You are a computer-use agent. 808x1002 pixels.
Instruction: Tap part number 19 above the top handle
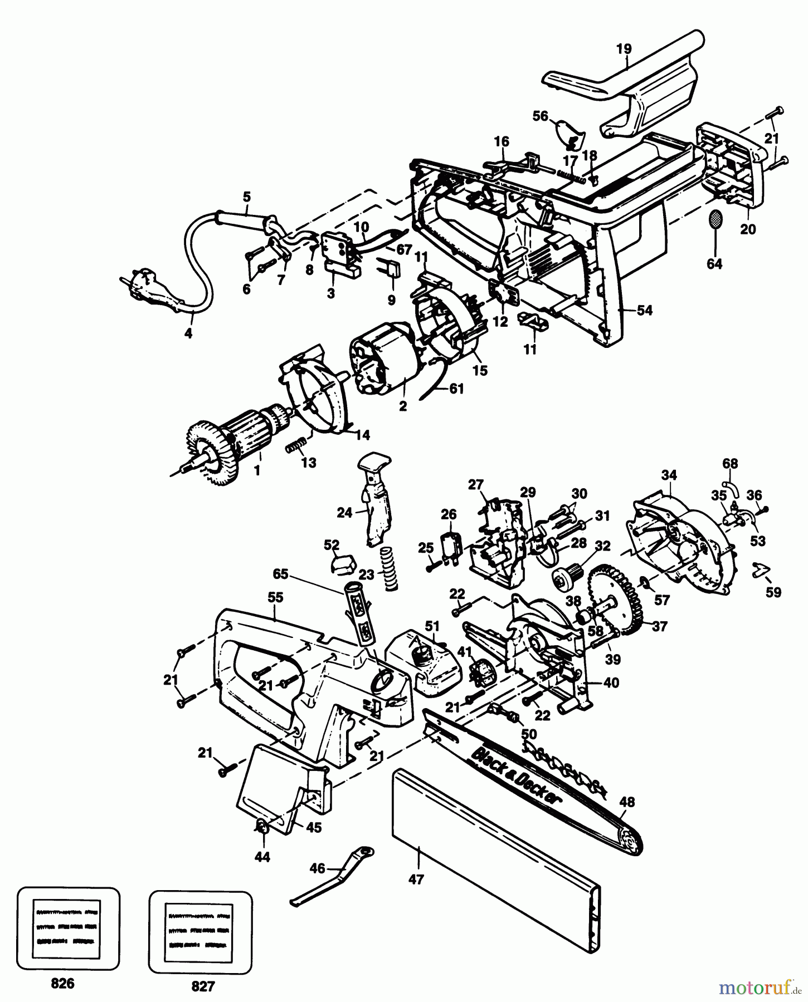point(624,49)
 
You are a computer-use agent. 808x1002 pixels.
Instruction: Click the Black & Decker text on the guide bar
point(516,775)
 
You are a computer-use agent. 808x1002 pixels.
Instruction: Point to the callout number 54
point(644,311)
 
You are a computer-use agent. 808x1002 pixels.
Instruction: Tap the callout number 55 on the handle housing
point(275,598)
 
